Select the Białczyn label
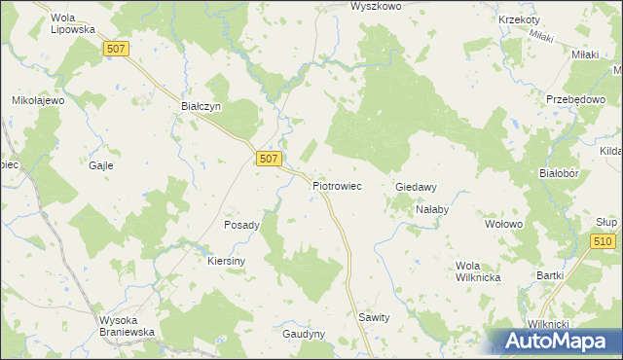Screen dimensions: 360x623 (202, 105)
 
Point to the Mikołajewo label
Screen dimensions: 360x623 (37, 100)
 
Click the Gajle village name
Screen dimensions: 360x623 (101, 165)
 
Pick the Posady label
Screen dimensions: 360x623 (242, 225)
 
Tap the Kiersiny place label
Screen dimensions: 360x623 (227, 261)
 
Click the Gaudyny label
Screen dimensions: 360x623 (303, 333)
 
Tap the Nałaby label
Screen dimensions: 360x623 (431, 209)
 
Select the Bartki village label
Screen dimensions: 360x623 (550, 275)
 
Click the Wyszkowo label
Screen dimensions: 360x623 (376, 6)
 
